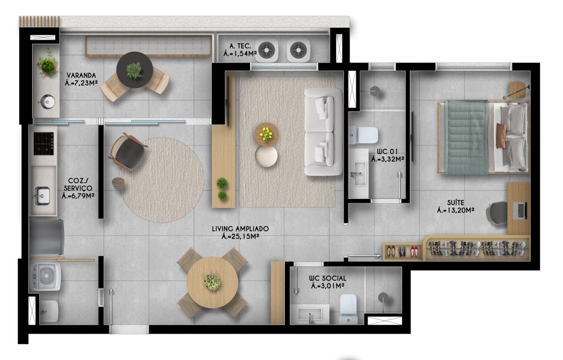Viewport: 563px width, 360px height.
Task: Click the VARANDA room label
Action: click(x=81, y=75)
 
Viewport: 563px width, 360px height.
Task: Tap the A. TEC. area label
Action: click(x=240, y=46)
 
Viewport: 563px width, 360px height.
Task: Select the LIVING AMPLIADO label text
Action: click(x=240, y=229)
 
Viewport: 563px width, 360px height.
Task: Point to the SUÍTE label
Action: click(x=455, y=203)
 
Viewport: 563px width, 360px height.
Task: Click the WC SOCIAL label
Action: click(x=328, y=278)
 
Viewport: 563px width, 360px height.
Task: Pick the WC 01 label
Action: click(x=387, y=151)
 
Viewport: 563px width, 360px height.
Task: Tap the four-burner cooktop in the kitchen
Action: click(x=44, y=144)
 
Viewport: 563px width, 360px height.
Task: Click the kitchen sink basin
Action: click(x=42, y=196)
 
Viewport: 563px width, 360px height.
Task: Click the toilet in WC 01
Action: click(x=363, y=135)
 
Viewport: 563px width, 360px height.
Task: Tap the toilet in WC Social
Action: click(x=348, y=309)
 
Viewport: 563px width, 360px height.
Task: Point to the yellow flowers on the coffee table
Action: click(x=266, y=134)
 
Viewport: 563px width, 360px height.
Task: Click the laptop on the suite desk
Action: click(x=520, y=211)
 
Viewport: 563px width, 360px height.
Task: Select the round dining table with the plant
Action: click(x=213, y=282)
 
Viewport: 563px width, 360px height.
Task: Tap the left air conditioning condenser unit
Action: click(x=267, y=50)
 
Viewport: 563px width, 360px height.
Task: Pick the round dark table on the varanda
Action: click(x=135, y=70)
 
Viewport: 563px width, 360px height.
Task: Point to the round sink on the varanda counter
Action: click(x=46, y=101)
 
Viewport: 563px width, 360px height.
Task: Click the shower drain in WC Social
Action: click(x=383, y=297)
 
